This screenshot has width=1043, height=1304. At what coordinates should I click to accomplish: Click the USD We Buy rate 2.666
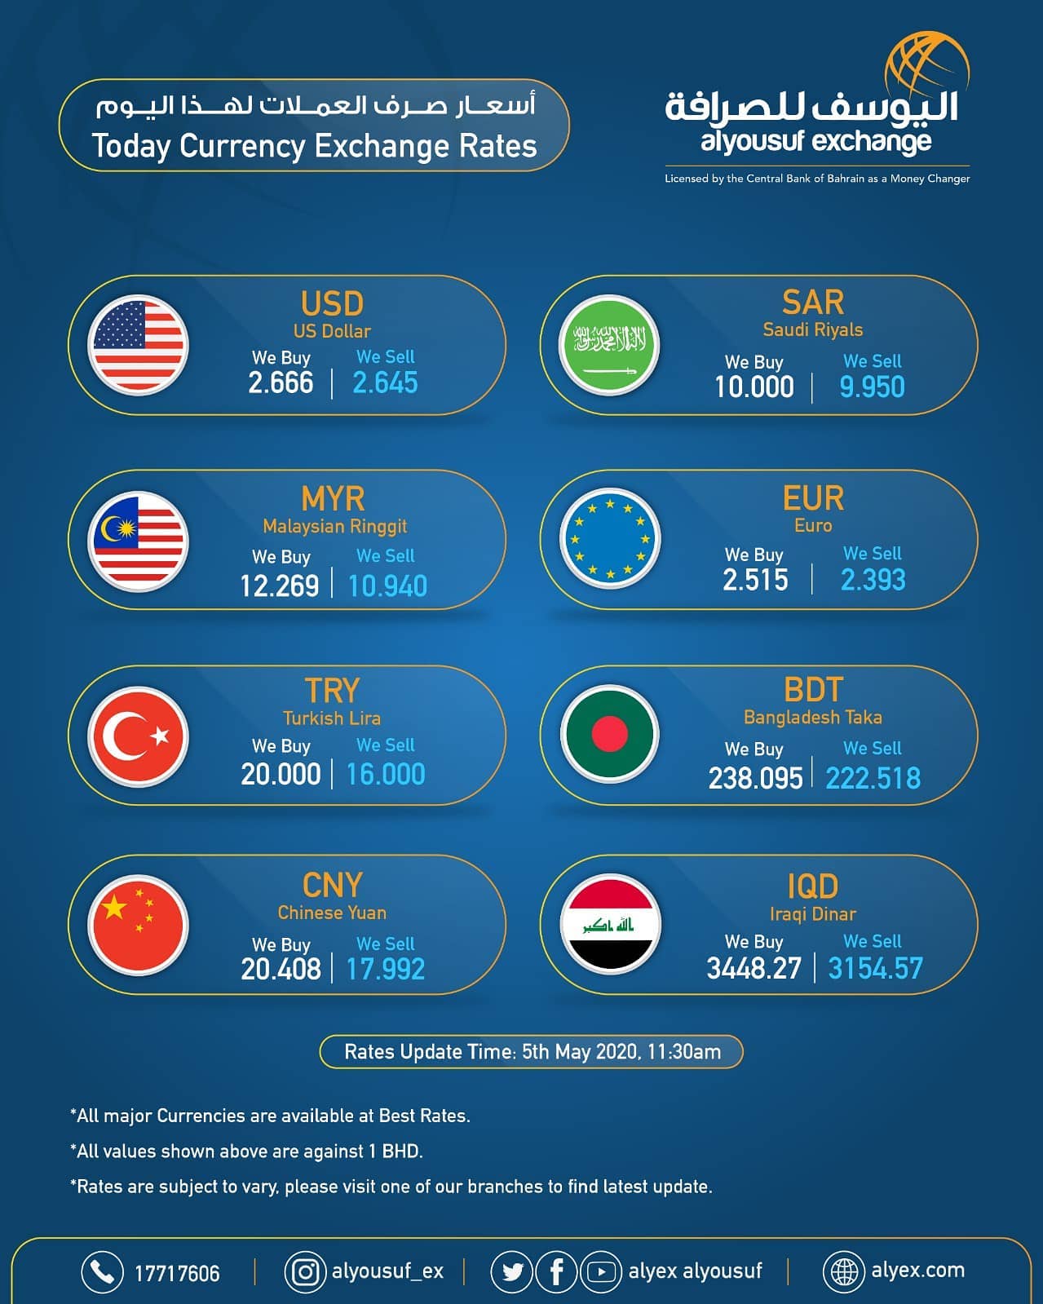[x=281, y=383]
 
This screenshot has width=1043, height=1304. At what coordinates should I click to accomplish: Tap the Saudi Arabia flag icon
[x=609, y=345]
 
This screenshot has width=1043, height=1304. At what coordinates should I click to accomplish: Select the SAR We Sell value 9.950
[x=872, y=387]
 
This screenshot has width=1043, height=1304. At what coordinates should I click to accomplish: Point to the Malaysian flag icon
[x=138, y=541]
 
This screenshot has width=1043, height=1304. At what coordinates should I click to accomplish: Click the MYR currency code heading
[x=333, y=499]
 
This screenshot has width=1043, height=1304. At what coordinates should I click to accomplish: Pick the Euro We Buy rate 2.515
[x=755, y=580]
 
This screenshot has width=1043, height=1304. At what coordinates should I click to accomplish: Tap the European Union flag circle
[x=610, y=538]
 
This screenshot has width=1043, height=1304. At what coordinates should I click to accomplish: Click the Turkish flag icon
[x=138, y=736]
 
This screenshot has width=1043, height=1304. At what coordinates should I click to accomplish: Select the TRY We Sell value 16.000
[x=386, y=775]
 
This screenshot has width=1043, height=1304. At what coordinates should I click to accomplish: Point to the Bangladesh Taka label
[x=813, y=718]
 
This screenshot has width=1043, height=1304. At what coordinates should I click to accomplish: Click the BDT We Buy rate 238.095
[x=755, y=779]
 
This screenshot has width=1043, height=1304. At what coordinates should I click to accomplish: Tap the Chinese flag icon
[x=138, y=926]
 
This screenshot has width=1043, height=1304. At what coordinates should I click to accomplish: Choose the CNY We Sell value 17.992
[x=386, y=969]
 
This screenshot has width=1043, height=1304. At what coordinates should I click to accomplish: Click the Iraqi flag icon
[x=610, y=924]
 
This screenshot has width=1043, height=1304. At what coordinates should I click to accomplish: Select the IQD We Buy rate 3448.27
[x=754, y=968]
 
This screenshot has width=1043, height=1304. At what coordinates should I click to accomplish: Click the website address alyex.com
[x=917, y=1270]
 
